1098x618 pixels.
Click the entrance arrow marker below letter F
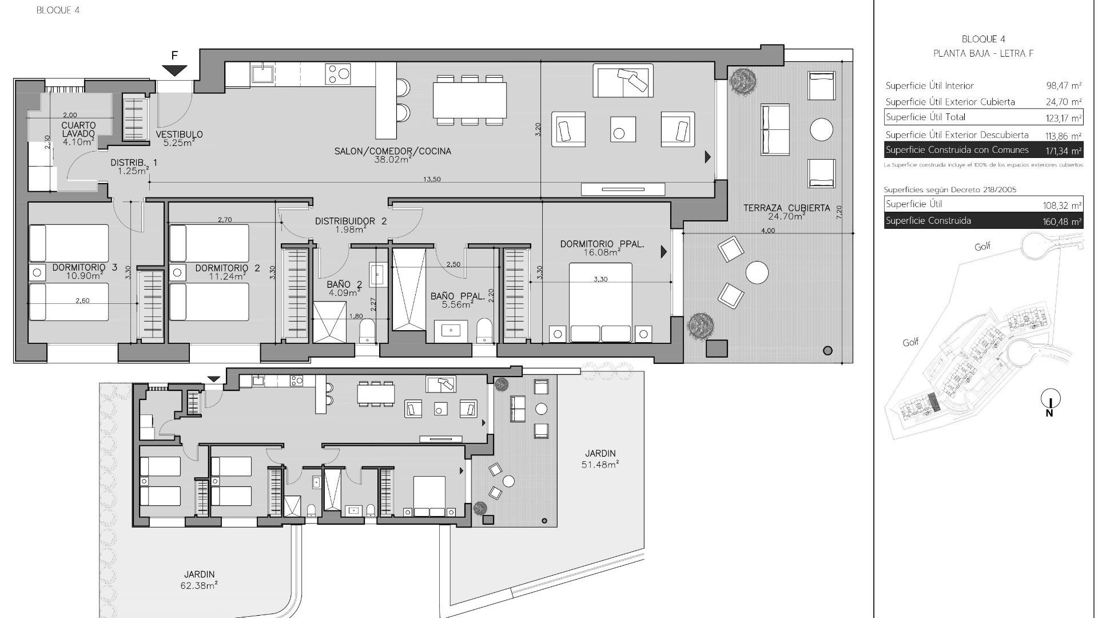(x=174, y=70)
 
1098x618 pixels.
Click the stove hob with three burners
(x=338, y=74)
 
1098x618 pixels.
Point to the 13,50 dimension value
(x=432, y=179)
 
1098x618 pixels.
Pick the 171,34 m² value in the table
(x=1063, y=151)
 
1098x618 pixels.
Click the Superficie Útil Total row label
(x=925, y=117)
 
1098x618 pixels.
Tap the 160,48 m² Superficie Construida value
(x=1063, y=221)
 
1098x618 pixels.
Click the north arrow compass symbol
(x=1051, y=399)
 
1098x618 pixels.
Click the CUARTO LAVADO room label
(x=78, y=129)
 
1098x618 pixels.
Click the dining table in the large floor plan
(x=470, y=100)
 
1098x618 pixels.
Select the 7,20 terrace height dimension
(x=839, y=212)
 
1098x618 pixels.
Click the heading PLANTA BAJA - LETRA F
(x=983, y=53)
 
